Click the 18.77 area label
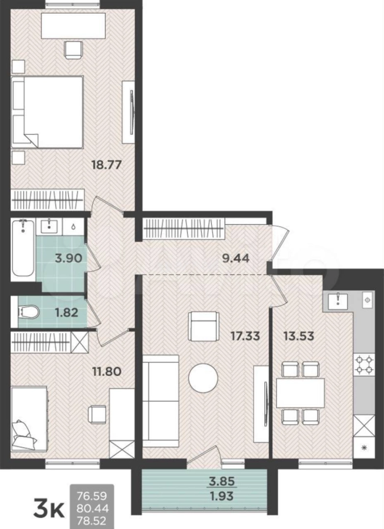click(106, 166)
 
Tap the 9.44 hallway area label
click(236, 259)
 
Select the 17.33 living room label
click(245, 336)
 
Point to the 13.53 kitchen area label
click(299, 336)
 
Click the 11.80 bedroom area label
click(107, 371)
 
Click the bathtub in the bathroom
click(23, 248)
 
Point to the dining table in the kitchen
click(300, 393)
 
